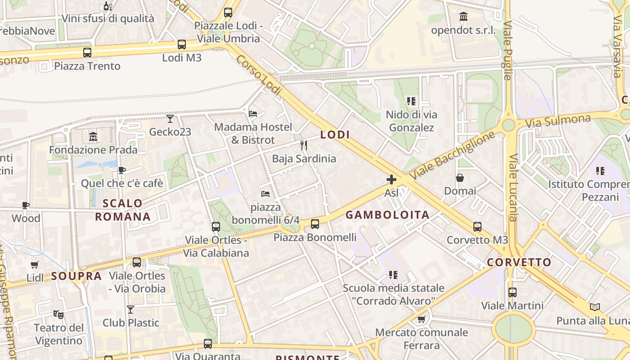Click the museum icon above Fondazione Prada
(x=93, y=136)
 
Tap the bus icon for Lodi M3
(x=182, y=45)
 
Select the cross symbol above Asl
(x=391, y=180)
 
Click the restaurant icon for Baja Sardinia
(x=304, y=145)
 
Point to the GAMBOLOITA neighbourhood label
(x=387, y=215)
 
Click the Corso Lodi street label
(x=259, y=75)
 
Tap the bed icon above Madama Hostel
(x=253, y=114)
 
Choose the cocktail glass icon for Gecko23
(x=170, y=119)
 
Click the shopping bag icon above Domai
(x=459, y=178)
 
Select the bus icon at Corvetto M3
(x=477, y=227)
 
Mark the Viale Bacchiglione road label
(x=453, y=155)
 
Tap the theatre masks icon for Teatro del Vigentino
(x=58, y=314)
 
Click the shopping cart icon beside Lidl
(x=35, y=265)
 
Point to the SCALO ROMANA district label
(x=122, y=210)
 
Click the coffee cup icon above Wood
(x=26, y=206)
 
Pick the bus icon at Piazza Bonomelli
(x=315, y=224)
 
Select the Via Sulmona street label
(x=558, y=121)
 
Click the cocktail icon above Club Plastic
(x=130, y=310)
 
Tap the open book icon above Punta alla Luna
(x=595, y=307)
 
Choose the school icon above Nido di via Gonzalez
(x=411, y=101)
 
